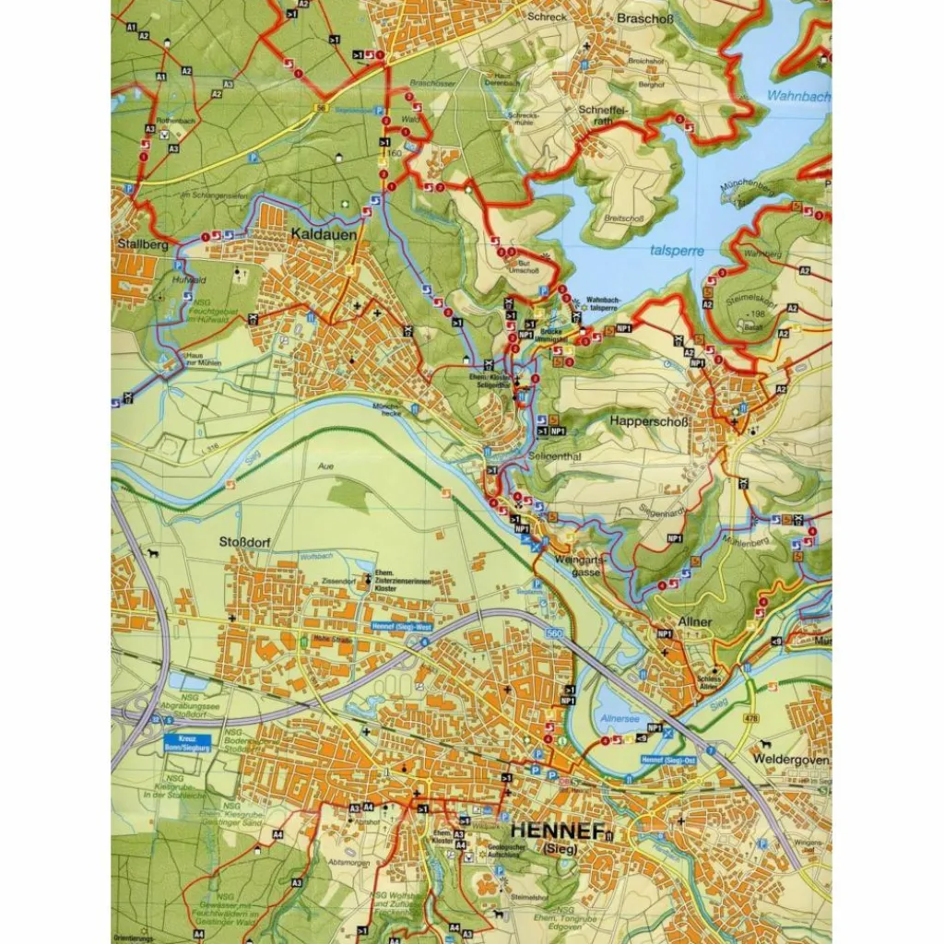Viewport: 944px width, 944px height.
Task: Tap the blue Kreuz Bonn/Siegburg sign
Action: pos(190,743)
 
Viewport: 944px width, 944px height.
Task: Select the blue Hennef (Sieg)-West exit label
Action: pos(401,627)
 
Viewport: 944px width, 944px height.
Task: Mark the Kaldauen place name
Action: pos(324,234)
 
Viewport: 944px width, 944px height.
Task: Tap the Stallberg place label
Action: pos(143,244)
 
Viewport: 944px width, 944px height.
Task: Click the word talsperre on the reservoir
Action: pos(678,250)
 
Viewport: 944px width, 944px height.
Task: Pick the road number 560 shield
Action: pos(553,635)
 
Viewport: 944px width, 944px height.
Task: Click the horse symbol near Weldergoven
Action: pos(764,742)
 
